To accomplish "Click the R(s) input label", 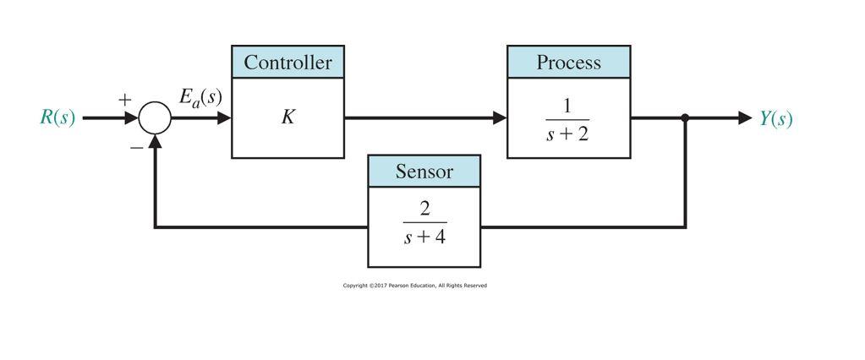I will (x=57, y=118).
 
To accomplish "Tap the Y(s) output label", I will (x=775, y=118).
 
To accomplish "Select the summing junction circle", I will (x=155, y=118).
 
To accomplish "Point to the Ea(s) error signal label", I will (x=200, y=96).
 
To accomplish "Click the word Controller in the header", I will (x=287, y=63).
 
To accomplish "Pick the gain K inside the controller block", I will (x=287, y=117).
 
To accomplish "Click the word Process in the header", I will (x=568, y=63).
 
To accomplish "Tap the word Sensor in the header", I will (x=424, y=172).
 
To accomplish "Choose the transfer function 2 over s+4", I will (x=424, y=222).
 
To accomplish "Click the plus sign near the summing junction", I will (x=125, y=100).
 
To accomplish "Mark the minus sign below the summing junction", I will (x=136, y=147).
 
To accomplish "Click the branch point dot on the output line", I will (x=685, y=118).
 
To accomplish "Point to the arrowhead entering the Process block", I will (x=500, y=118).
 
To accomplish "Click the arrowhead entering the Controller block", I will (x=224, y=118).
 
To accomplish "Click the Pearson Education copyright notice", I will (x=414, y=286).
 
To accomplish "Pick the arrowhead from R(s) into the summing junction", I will (x=131, y=118).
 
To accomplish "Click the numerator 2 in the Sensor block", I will (x=424, y=209).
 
